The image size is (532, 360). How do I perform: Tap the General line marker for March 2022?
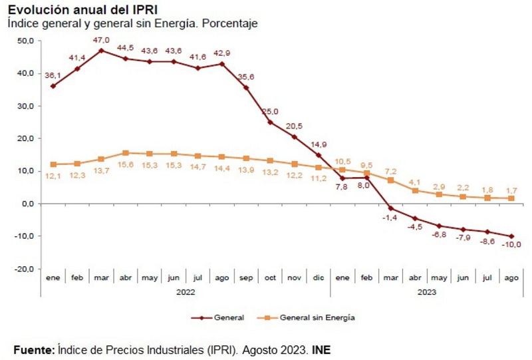coord(101,50)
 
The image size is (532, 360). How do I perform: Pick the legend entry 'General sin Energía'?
coord(317,317)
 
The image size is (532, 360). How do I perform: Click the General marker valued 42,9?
coord(222,64)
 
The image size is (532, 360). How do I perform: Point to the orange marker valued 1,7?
coord(511,198)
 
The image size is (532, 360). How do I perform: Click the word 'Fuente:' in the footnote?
coord(33,349)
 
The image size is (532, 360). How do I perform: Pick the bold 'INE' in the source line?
coord(322,349)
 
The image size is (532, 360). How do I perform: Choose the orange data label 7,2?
coord(391,170)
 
